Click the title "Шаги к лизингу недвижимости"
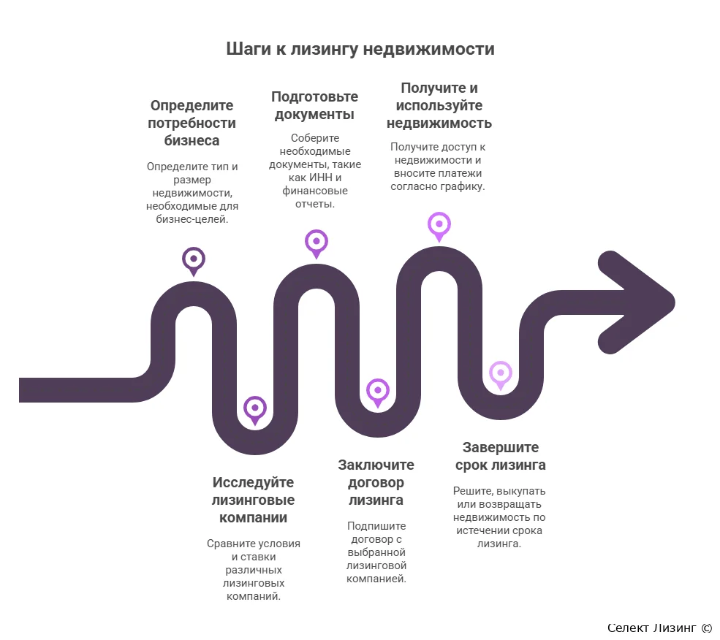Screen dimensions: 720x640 [x=360, y=49]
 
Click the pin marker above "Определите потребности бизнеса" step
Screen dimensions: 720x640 [x=193, y=262]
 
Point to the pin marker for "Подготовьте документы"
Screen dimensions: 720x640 [x=317, y=244]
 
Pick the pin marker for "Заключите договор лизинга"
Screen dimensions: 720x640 [x=377, y=393]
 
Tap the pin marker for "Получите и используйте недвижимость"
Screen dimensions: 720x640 [x=439, y=226]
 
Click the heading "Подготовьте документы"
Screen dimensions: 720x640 [x=314, y=106]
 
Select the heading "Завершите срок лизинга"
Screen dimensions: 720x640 [x=501, y=456]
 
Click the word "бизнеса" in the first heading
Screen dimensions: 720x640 [x=192, y=140]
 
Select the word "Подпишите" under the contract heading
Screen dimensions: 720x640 [x=376, y=526]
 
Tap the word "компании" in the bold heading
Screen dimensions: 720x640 [x=253, y=518]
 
